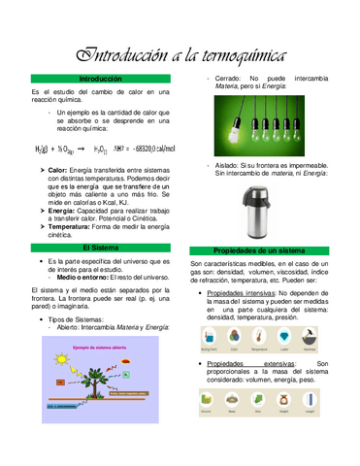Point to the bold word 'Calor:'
click(57, 170)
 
